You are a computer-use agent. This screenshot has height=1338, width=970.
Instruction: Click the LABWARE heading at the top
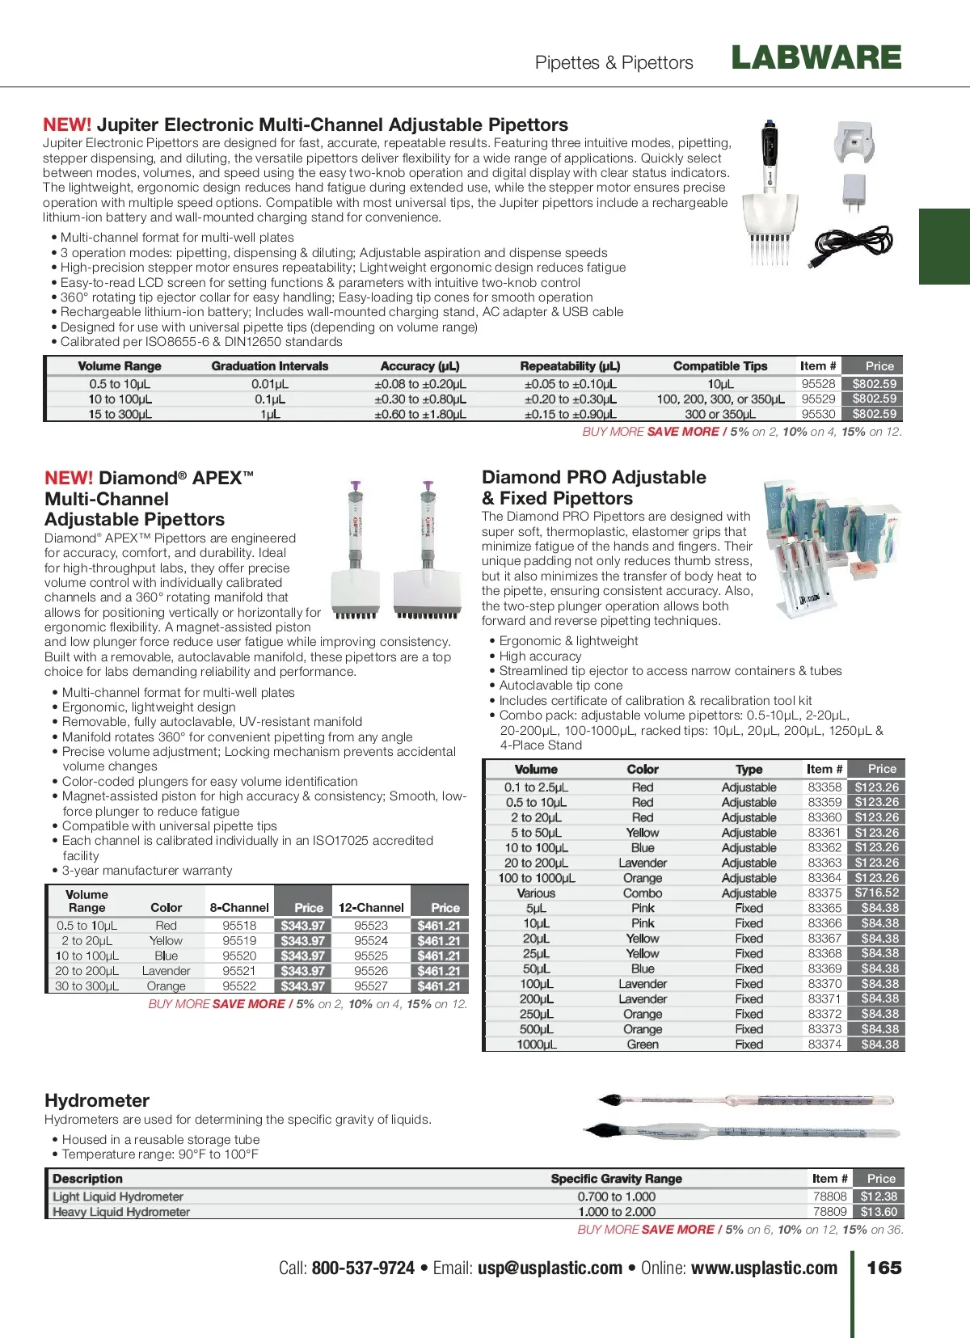(816, 58)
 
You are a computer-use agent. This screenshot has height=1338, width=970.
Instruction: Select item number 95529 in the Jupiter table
(818, 399)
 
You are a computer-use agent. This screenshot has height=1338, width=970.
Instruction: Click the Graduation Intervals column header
(270, 366)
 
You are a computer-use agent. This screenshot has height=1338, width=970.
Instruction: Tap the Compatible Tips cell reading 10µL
(720, 384)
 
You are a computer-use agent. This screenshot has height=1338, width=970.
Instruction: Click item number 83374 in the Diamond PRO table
(824, 1044)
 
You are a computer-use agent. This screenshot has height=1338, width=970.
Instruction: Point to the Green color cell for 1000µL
(643, 1045)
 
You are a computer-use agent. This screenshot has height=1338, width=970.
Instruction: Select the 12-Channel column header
(371, 908)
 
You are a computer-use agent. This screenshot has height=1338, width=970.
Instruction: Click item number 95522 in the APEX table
(239, 986)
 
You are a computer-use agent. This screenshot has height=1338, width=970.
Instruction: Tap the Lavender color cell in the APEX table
(166, 971)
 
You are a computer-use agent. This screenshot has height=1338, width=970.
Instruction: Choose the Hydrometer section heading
(97, 1100)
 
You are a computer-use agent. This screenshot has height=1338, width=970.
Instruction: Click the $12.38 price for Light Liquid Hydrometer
(879, 1197)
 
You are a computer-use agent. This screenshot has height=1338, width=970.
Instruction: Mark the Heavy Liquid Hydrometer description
(121, 1212)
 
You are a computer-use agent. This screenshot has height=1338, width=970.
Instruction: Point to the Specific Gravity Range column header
(617, 1179)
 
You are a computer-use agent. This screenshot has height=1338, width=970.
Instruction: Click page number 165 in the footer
(884, 1268)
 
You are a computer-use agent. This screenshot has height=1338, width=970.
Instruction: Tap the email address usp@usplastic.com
(550, 1268)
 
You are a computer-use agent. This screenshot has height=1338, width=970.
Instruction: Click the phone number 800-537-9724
(363, 1268)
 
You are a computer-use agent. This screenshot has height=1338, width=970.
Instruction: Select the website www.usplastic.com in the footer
(764, 1268)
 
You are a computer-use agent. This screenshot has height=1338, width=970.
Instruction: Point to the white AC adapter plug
(854, 193)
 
